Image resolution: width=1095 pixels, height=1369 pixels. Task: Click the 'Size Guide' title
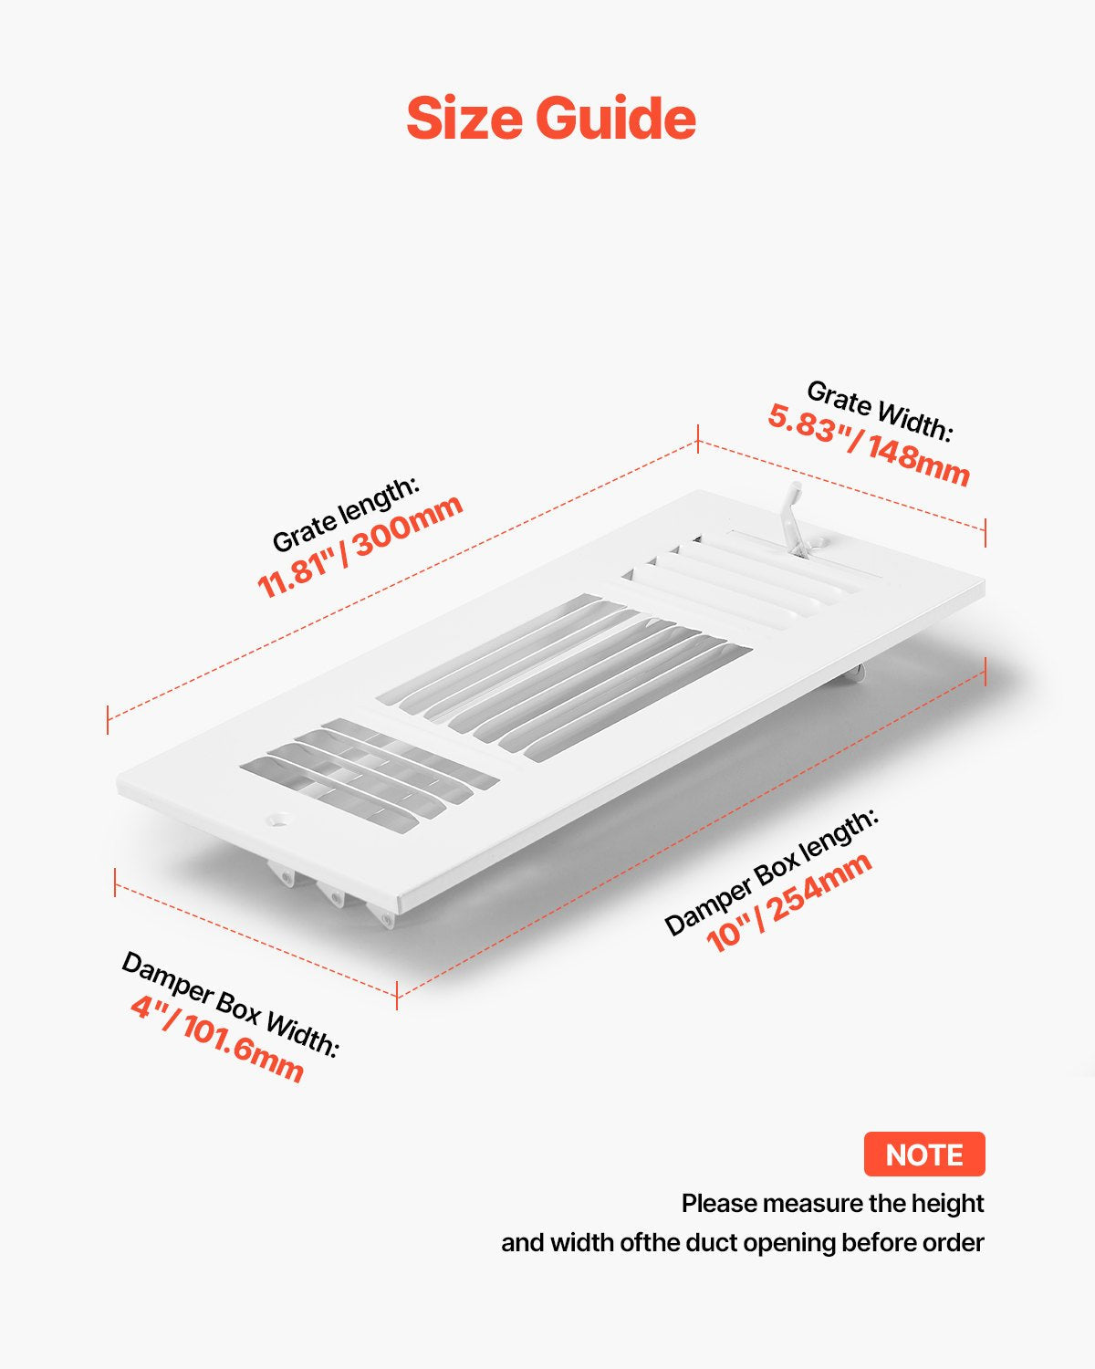pyautogui.click(x=551, y=119)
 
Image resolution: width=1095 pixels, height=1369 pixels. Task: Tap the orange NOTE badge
pyautogui.click(x=924, y=1155)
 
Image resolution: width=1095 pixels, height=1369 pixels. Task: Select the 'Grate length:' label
pyautogui.click(x=346, y=514)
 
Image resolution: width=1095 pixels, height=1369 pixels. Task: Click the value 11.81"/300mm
pyautogui.click(x=360, y=547)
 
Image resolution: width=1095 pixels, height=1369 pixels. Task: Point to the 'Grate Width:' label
pyautogui.click(x=879, y=412)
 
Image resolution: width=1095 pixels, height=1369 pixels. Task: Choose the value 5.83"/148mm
pyautogui.click(x=868, y=445)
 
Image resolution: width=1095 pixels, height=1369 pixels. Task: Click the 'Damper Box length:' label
pyautogui.click(x=772, y=873)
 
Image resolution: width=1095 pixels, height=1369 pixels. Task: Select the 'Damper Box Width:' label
pyautogui.click(x=230, y=1005)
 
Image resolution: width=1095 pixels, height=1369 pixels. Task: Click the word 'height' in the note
pyautogui.click(x=948, y=1204)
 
